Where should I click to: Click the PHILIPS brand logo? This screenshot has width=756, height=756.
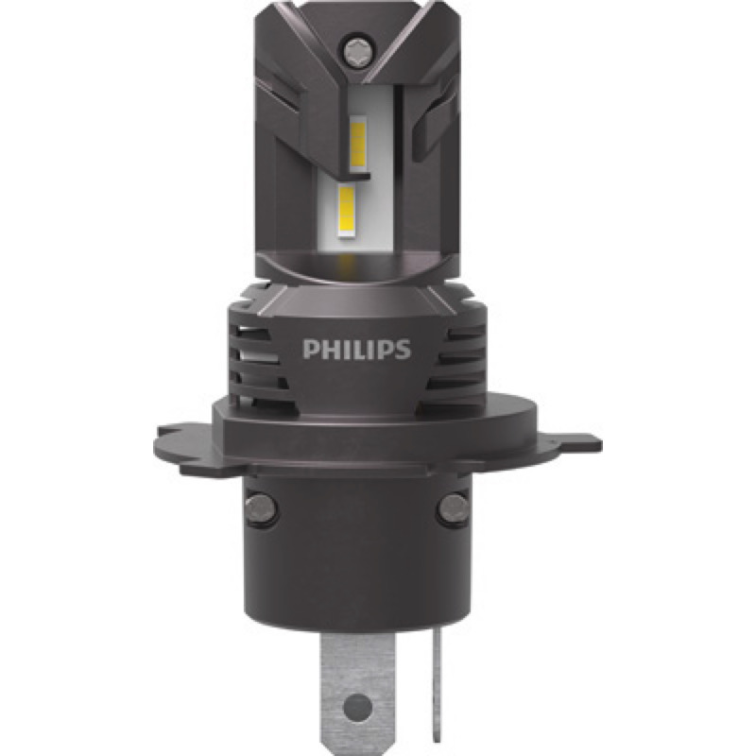click(357, 350)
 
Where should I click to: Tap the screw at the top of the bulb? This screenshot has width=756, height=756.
click(357, 49)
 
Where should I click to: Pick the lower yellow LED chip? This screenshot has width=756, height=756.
click(347, 210)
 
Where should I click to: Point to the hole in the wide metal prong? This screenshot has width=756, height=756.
click(358, 707)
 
